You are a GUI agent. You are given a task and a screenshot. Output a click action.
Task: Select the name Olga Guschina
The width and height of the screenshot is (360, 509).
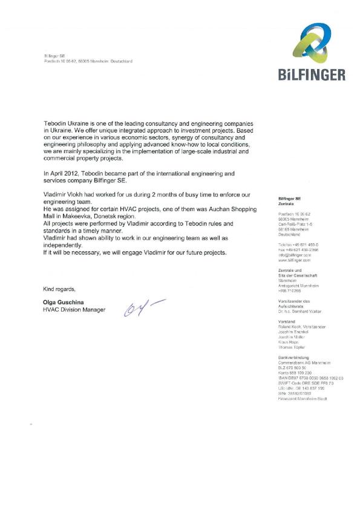[x=66, y=301]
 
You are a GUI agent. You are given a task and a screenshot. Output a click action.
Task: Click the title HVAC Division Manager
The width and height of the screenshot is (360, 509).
[x=74, y=309]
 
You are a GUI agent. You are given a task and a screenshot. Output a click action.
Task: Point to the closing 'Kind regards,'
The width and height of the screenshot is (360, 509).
[x=59, y=288]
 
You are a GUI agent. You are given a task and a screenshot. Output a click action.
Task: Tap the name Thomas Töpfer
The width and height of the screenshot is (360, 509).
[x=291, y=347]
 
